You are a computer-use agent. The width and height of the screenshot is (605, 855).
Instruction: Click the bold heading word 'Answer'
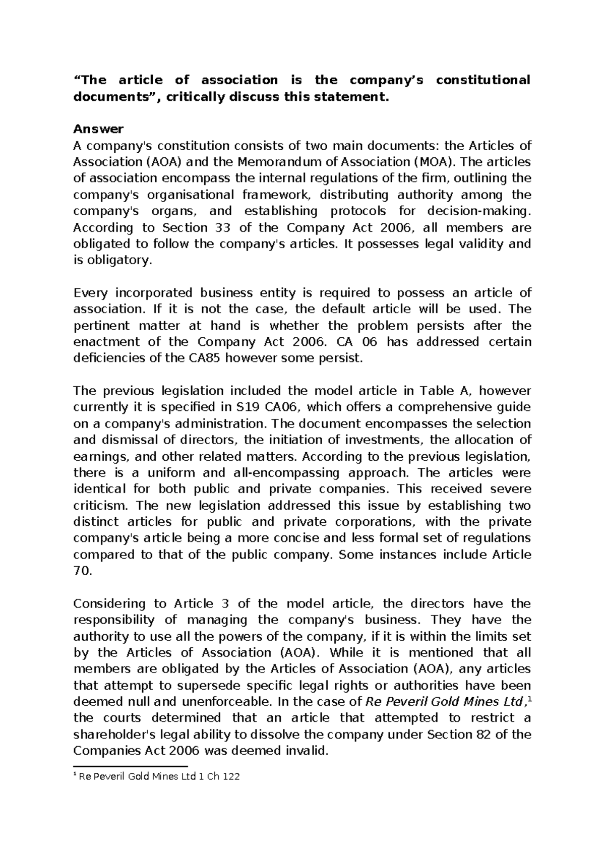tap(98, 129)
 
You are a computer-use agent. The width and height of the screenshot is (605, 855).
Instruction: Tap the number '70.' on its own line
tap(83, 571)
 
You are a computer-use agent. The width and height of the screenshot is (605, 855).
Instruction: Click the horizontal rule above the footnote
tap(130, 766)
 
